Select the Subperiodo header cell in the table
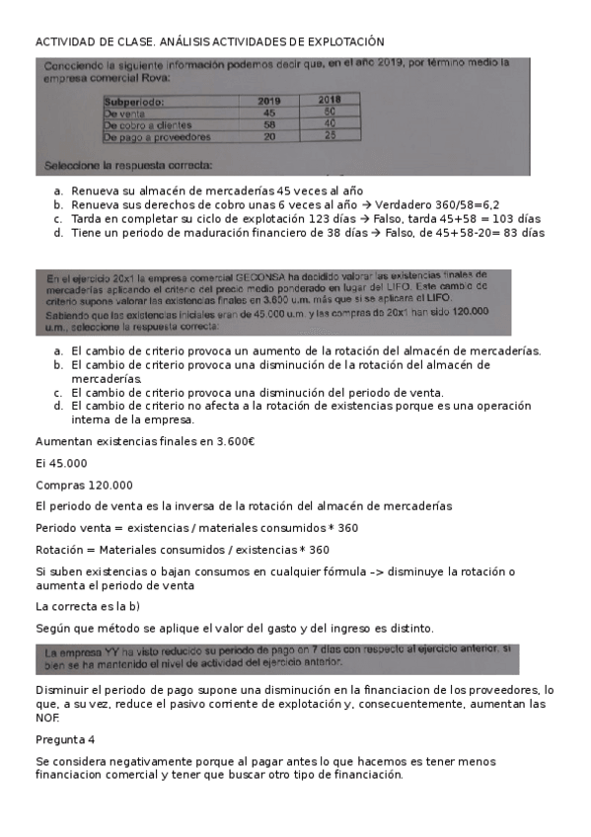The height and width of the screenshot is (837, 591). tap(135, 100)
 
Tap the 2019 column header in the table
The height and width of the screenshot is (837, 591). tap(269, 100)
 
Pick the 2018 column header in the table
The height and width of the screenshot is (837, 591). tap(330, 100)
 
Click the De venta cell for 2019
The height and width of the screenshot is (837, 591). tap(269, 113)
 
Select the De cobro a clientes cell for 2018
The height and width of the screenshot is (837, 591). tap(330, 124)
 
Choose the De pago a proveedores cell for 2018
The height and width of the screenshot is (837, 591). tap(330, 136)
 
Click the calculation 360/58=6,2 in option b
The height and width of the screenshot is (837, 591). tap(460, 204)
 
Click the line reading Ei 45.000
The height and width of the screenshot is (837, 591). tap(61, 463)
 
